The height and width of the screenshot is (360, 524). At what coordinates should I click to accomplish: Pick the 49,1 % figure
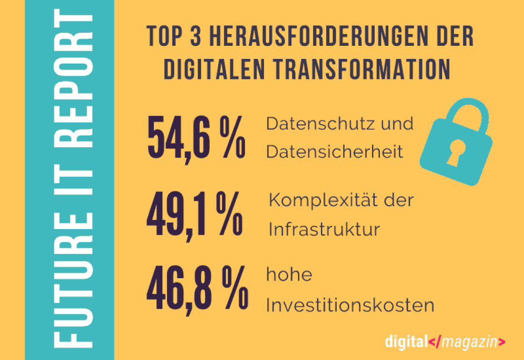[195, 215]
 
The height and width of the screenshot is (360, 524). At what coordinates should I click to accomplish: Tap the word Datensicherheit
[335, 152]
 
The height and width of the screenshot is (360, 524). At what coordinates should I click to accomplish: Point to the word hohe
[289, 275]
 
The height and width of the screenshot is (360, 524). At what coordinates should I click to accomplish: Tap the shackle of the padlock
[466, 111]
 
